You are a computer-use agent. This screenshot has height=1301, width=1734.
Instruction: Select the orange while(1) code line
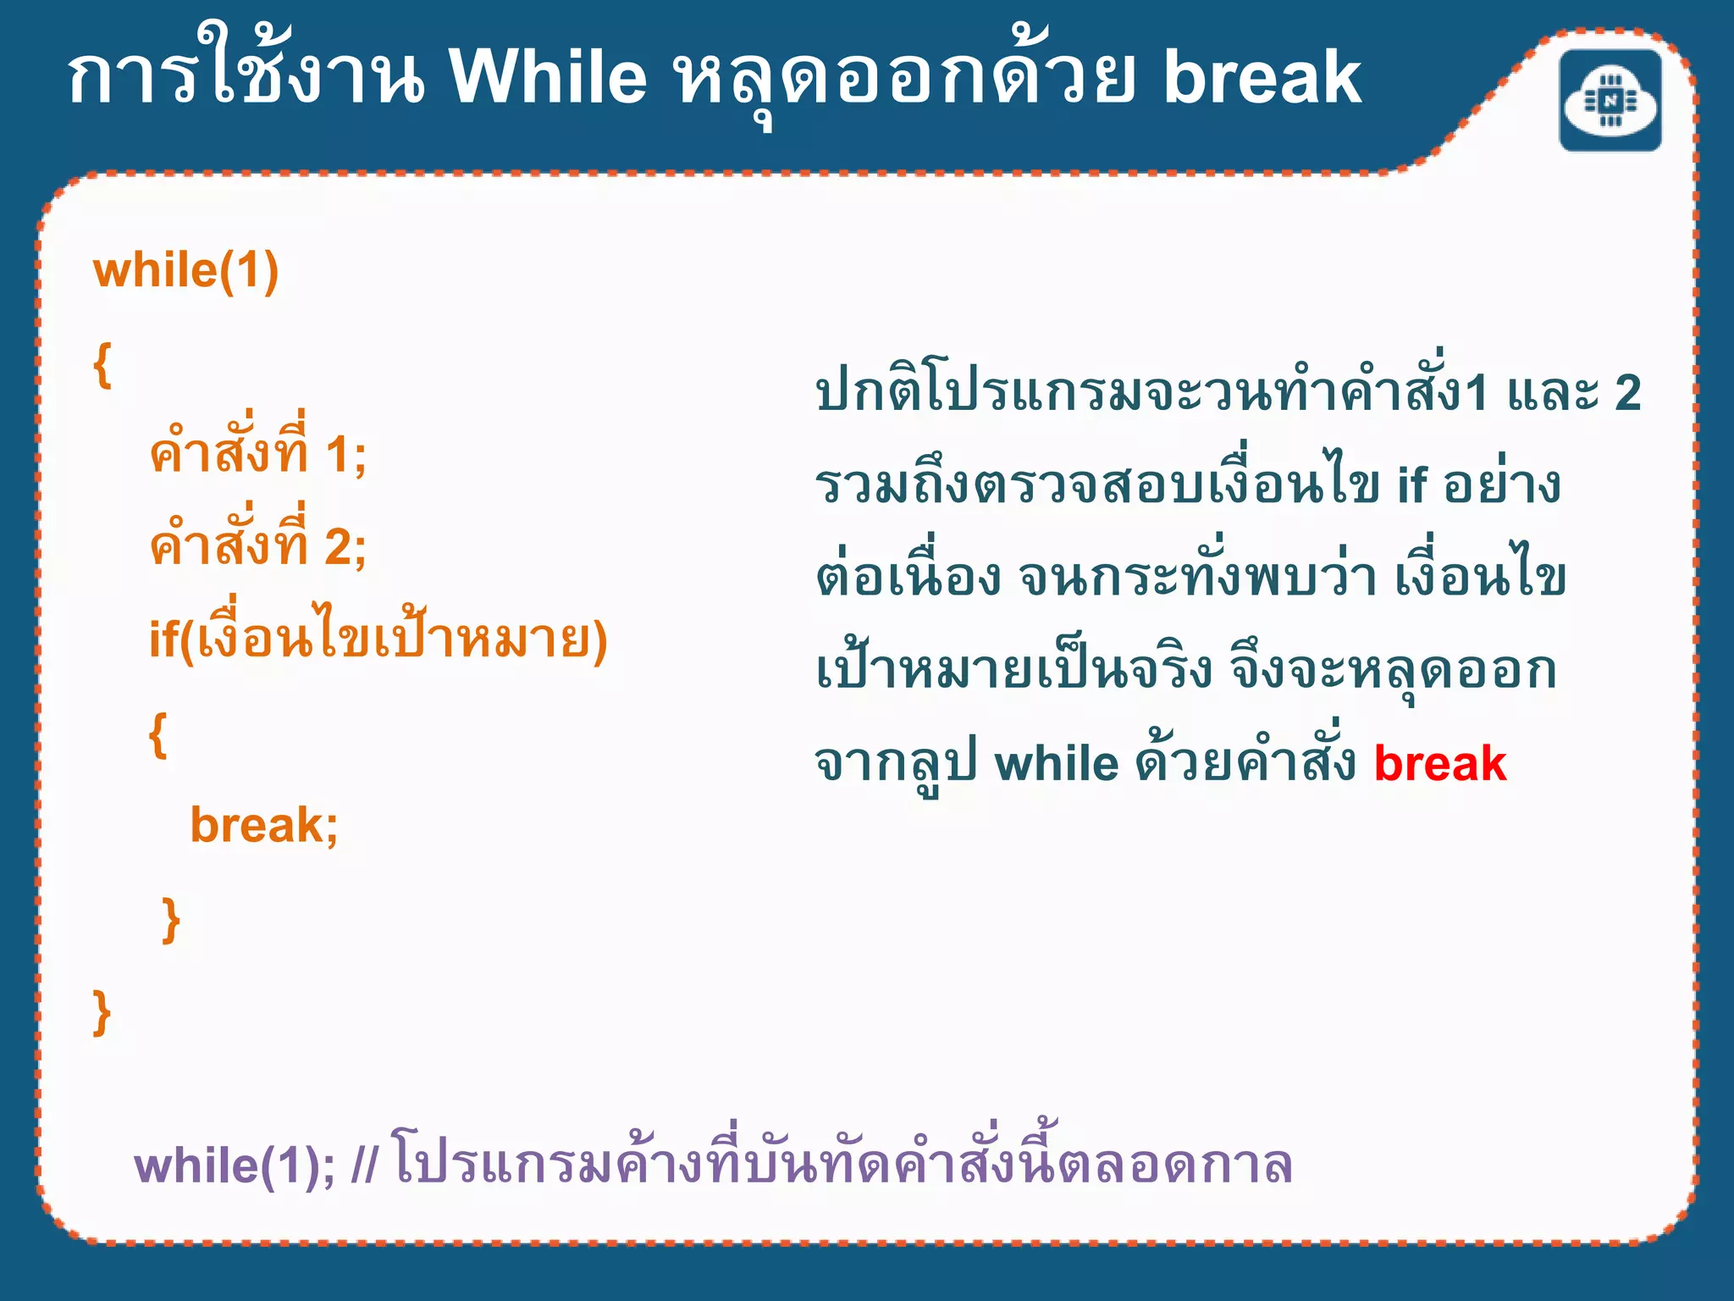185,271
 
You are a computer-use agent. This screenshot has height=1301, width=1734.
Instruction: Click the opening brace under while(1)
102,366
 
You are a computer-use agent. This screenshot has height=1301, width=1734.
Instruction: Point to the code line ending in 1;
258,453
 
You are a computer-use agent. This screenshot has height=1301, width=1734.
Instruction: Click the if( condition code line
378,639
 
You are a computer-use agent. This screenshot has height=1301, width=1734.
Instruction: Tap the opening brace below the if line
157,734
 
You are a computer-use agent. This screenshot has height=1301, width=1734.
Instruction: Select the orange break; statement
264,825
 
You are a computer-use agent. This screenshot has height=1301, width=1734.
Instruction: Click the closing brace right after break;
171,921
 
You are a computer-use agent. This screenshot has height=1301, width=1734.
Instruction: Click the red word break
1440,764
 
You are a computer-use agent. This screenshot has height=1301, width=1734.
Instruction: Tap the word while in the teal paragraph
1057,764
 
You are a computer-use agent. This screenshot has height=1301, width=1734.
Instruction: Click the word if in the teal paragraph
1411,486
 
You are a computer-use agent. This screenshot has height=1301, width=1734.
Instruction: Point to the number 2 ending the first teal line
1627,393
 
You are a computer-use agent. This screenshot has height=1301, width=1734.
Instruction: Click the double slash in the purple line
365,1165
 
